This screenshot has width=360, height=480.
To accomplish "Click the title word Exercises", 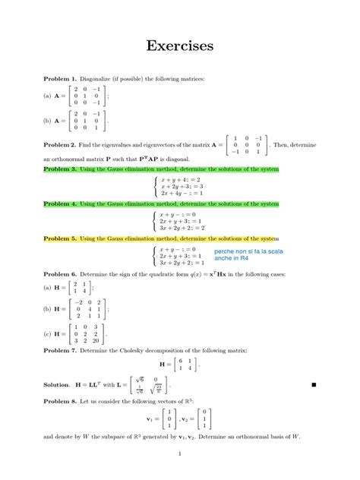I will [180, 46].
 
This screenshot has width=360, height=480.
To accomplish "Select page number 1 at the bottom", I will [180, 454].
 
